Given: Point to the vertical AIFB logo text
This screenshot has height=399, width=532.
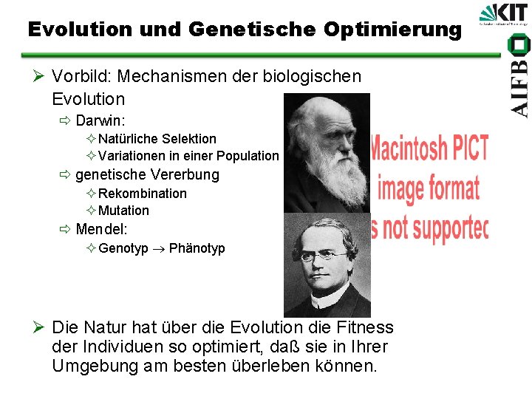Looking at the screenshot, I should click(x=519, y=81).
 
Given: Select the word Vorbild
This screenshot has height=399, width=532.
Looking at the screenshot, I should click(x=81, y=76).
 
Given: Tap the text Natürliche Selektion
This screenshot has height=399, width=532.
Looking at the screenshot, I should click(x=157, y=138).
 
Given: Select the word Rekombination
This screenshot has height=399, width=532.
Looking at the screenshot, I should click(x=143, y=193).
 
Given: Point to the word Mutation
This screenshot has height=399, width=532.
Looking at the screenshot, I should click(x=123, y=211).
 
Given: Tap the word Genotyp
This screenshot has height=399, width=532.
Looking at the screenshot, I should click(x=123, y=248).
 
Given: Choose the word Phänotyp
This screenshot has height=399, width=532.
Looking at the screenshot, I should click(x=197, y=248).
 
